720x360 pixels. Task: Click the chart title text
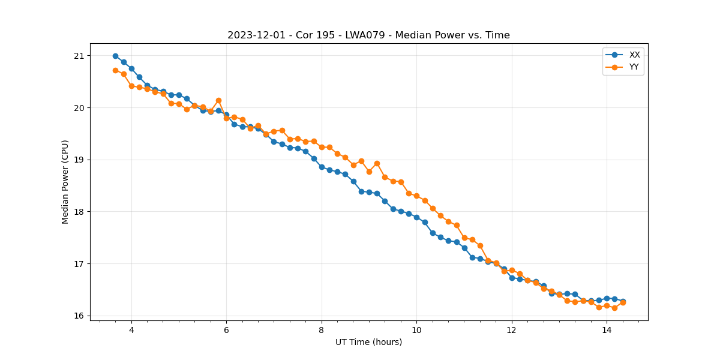point(368,35)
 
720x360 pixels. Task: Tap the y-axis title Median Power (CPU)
point(65,182)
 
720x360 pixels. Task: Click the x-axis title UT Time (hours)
point(368,342)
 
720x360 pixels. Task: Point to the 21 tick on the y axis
point(79,56)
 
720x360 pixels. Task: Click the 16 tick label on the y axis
point(79,316)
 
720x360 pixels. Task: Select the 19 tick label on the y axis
point(79,160)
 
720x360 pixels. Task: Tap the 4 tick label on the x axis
point(131,330)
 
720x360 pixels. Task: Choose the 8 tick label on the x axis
point(322,330)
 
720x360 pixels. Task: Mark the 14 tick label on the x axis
point(607,330)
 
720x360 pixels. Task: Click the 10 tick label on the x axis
point(416,330)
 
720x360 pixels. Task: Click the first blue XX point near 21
point(115,56)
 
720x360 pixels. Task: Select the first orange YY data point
point(115,70)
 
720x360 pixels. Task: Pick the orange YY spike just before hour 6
point(218,100)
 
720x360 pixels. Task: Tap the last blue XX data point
point(623,301)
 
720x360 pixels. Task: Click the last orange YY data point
point(623,302)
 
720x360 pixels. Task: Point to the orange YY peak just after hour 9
point(377,163)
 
